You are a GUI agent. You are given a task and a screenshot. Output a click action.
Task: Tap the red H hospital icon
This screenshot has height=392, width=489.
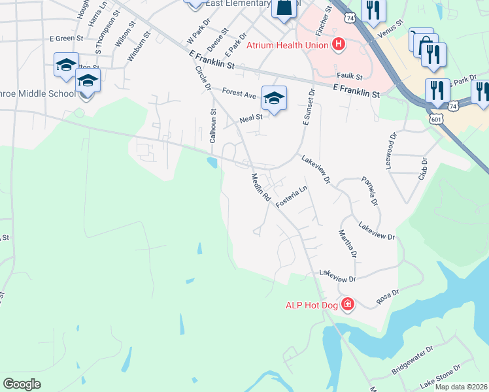click(x=338, y=44)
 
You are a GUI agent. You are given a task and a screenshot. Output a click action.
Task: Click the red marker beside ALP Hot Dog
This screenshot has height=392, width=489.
click(x=348, y=304)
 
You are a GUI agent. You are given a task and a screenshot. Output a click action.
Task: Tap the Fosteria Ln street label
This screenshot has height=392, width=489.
click(x=291, y=197)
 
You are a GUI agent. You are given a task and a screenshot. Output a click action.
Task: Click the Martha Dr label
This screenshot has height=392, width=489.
click(x=347, y=243)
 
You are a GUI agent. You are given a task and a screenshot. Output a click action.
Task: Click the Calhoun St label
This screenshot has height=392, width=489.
click(x=212, y=126)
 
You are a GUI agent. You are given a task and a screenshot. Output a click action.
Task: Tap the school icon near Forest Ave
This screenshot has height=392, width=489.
click(x=275, y=99)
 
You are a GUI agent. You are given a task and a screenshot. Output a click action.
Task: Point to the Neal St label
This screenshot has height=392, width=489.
click(x=250, y=118)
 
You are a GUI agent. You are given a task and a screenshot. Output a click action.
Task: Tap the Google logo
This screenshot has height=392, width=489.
click(x=22, y=384)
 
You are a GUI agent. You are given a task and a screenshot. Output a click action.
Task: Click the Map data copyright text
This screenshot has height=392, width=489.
click(x=461, y=387)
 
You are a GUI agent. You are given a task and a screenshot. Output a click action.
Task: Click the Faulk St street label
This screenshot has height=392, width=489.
click(x=345, y=75)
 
